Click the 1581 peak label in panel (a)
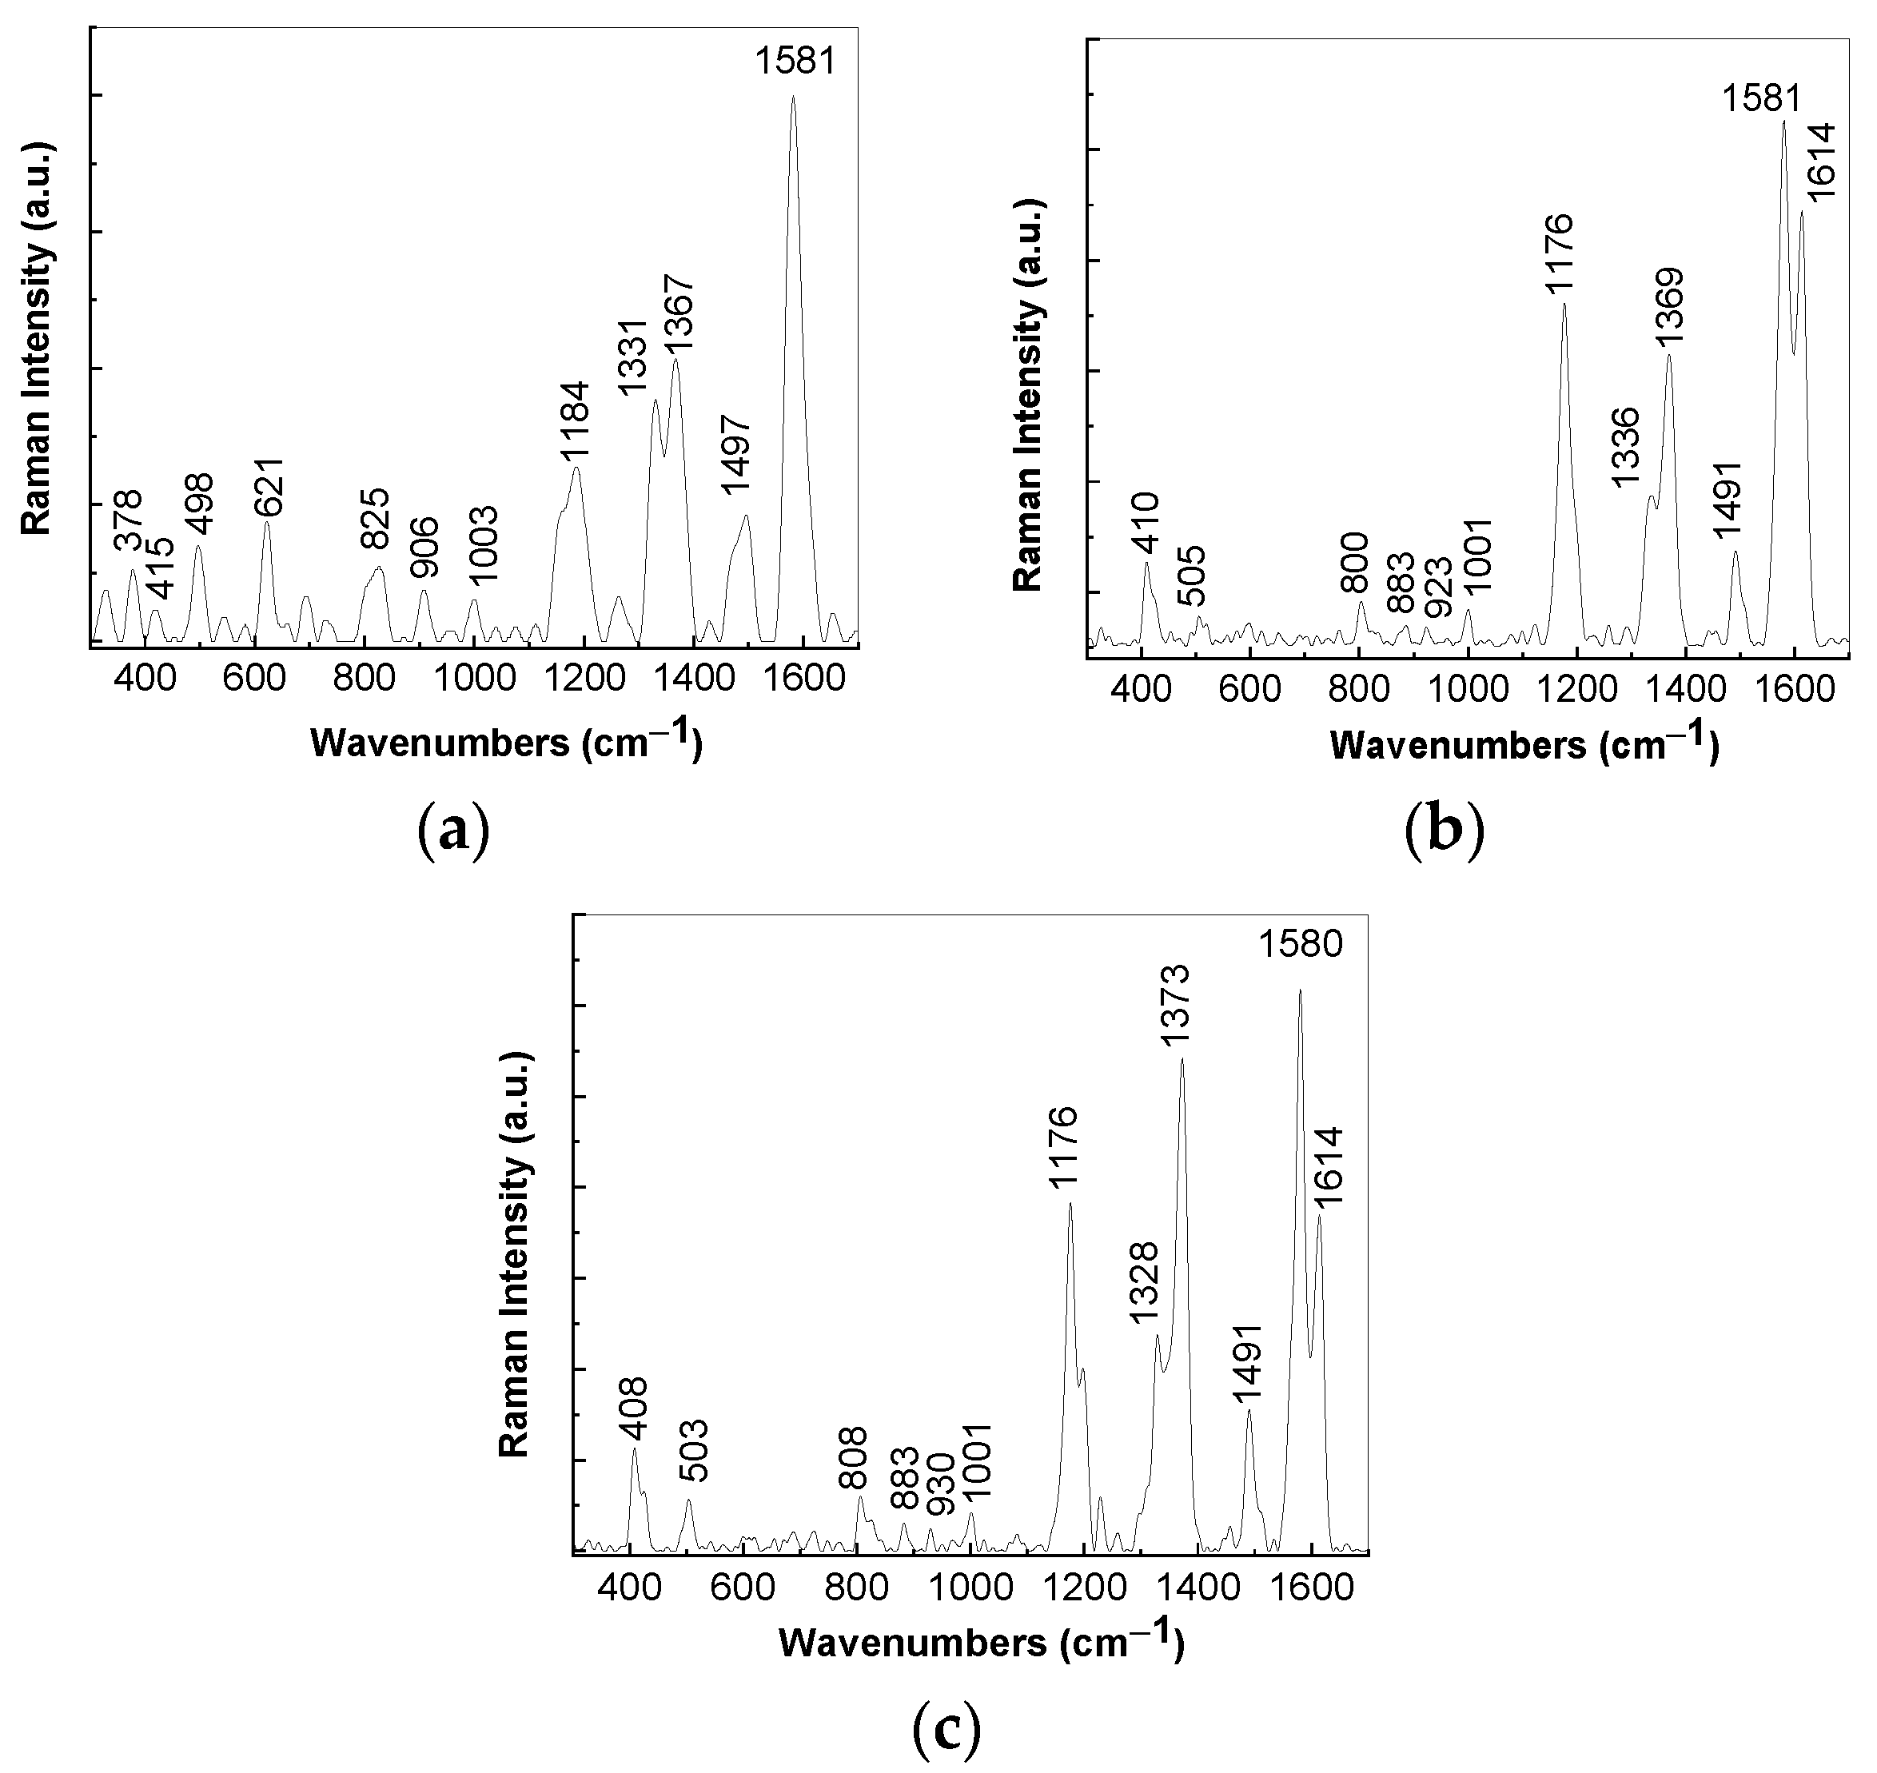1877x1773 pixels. pyautogui.click(x=795, y=62)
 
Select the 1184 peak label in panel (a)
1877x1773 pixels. pyautogui.click(x=575, y=420)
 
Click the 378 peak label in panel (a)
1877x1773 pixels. pyautogui.click(x=129, y=520)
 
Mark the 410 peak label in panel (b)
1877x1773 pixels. pyautogui.click(x=1146, y=523)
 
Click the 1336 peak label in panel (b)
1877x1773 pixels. pyautogui.click(x=1626, y=447)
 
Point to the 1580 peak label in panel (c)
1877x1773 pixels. pyautogui.click(x=1301, y=944)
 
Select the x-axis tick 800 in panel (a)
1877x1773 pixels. pyautogui.click(x=365, y=679)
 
